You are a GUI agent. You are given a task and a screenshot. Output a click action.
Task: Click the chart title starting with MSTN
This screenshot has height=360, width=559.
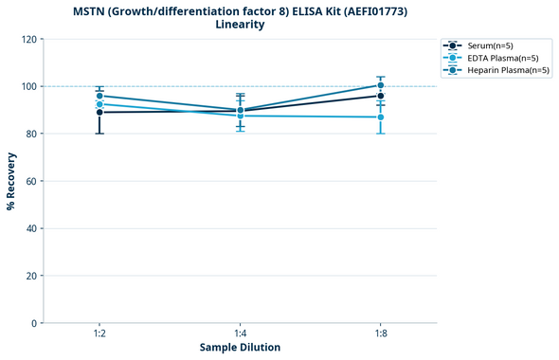coord(239,10)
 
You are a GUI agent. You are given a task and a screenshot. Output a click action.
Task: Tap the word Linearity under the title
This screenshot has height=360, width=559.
coord(239,25)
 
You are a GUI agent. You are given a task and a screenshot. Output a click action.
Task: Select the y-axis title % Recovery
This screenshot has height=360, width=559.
coord(11,180)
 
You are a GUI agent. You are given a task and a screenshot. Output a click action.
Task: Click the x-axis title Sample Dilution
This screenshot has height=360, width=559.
coord(240,348)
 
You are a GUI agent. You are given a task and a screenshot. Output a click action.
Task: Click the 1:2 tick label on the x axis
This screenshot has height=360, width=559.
coord(99,333)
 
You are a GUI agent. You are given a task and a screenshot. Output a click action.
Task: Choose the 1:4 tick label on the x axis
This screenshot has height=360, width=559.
coord(240,333)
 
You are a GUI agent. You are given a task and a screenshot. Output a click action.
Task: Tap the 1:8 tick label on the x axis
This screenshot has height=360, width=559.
coord(380,333)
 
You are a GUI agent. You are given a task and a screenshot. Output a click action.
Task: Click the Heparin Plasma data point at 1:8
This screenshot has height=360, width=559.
coord(380,85)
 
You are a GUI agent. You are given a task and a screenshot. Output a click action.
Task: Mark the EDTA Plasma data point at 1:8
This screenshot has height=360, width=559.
coord(380,117)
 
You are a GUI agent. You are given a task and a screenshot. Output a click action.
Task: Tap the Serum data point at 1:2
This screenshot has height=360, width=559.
coord(99,112)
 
